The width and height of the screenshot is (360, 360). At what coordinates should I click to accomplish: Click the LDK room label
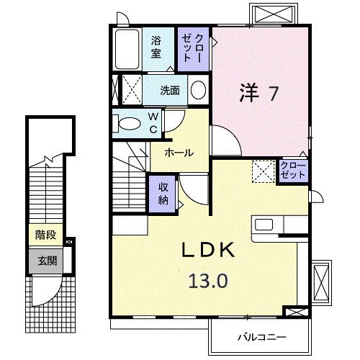click(207, 251)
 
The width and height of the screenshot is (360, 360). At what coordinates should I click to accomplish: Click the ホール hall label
click(179, 153)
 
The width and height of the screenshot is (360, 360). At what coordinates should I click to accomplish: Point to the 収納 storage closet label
click(163, 192)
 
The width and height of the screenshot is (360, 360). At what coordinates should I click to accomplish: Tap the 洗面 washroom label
click(170, 91)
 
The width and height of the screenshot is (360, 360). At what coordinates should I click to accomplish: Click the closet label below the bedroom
click(293, 171)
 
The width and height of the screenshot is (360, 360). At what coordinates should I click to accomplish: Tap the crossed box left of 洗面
click(128, 91)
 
